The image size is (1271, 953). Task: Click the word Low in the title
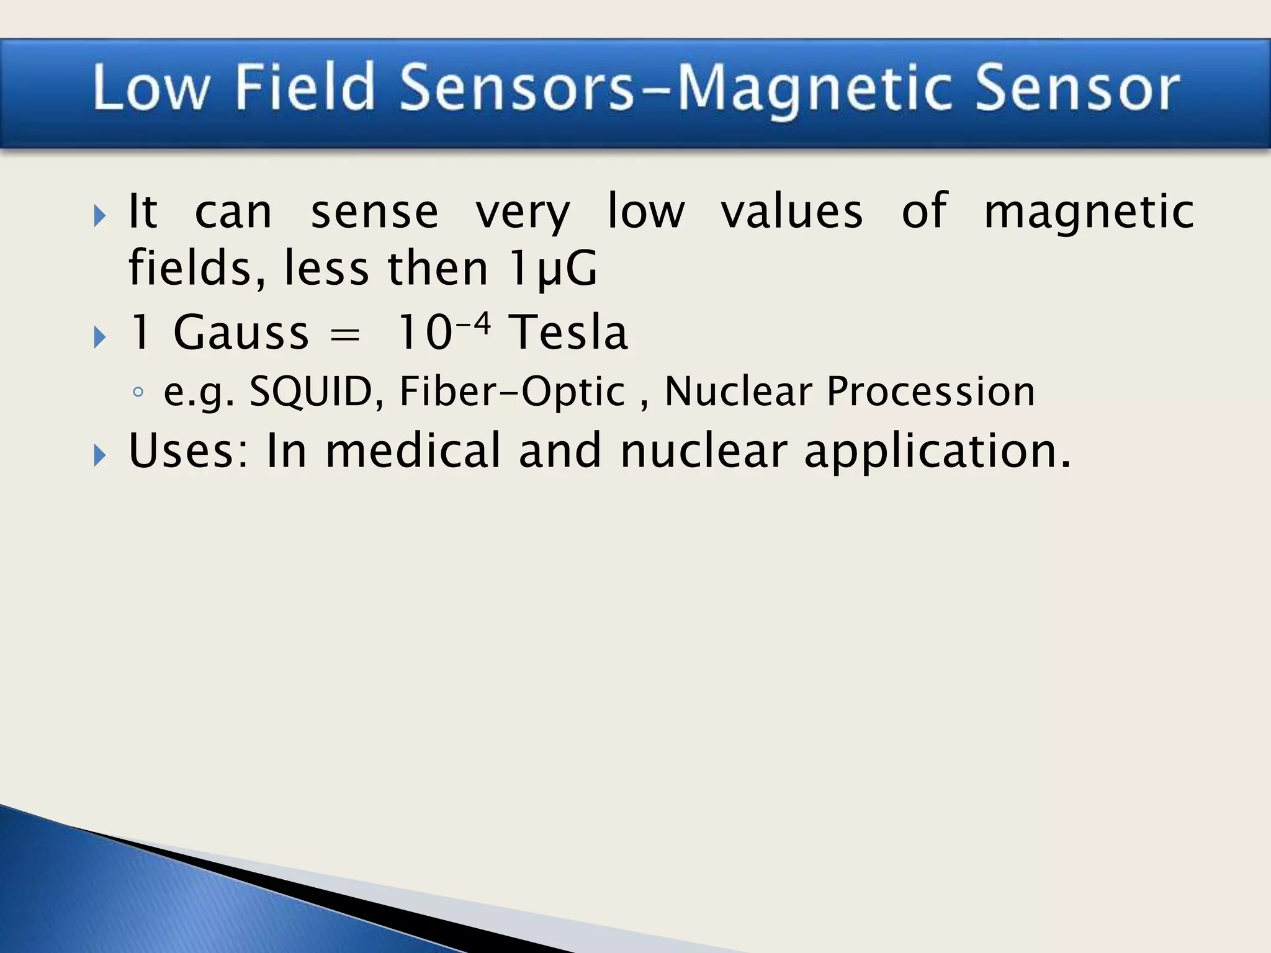click(x=150, y=88)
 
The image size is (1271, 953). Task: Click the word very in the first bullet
click(x=523, y=213)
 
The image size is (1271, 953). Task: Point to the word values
click(x=791, y=212)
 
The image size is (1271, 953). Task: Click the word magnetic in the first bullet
click(x=1089, y=213)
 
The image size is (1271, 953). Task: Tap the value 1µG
click(x=552, y=269)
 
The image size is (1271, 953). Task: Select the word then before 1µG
click(x=438, y=269)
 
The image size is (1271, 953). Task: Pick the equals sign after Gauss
click(x=345, y=334)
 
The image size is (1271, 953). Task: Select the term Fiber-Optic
click(x=513, y=391)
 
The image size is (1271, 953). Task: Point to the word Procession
click(x=931, y=391)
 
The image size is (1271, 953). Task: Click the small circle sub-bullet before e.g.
click(x=138, y=392)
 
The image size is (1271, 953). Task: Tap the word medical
click(x=413, y=450)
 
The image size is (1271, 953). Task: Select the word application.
click(x=937, y=452)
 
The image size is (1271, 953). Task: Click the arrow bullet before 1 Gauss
click(x=99, y=337)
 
